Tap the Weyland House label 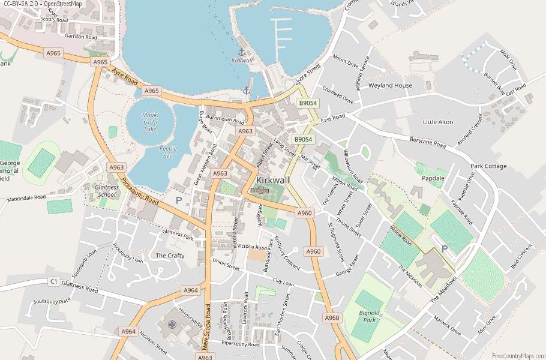390,85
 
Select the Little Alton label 438,122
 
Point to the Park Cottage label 488,166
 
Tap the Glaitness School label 107,190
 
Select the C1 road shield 53,281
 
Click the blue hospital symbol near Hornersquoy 172,325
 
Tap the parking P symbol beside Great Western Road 178,200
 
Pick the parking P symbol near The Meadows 445,248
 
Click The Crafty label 170,256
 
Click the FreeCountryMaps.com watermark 517,355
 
